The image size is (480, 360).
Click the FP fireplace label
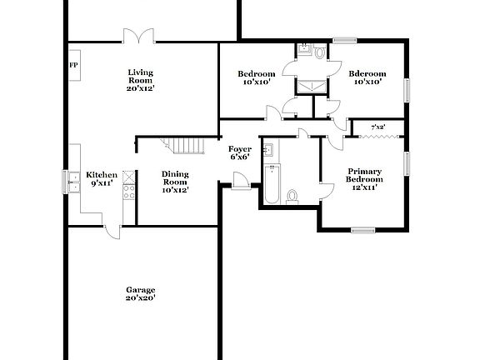pos(73,65)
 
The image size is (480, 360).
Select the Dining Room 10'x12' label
pos(175,182)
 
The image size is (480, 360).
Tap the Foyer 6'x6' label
pos(240,152)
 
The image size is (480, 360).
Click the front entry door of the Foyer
pos(240,180)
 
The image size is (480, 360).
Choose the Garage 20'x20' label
pos(140,293)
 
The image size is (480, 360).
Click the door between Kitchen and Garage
pos(112,227)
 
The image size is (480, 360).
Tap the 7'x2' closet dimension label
pos(377,127)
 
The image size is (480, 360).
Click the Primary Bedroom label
pos(365,178)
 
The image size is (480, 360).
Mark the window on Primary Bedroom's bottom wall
pos(362,230)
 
